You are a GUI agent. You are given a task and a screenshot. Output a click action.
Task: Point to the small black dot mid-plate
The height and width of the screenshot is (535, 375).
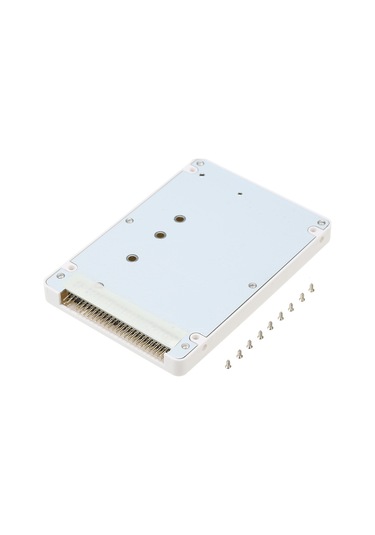click(x=240, y=191)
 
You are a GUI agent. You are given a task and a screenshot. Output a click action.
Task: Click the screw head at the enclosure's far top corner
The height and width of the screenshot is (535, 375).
click(x=201, y=161)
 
